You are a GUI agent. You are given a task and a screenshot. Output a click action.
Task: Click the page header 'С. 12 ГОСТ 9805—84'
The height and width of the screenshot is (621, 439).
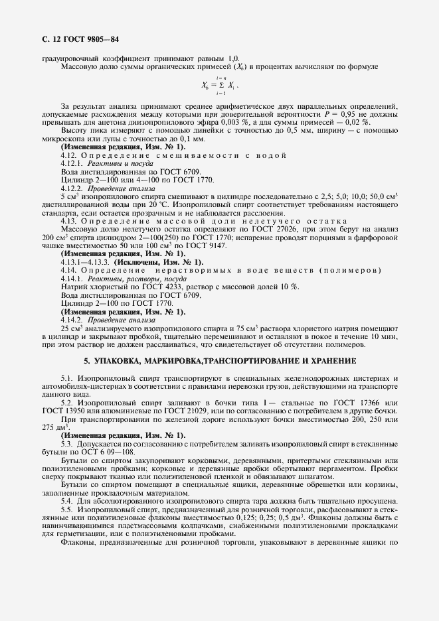(80, 40)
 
